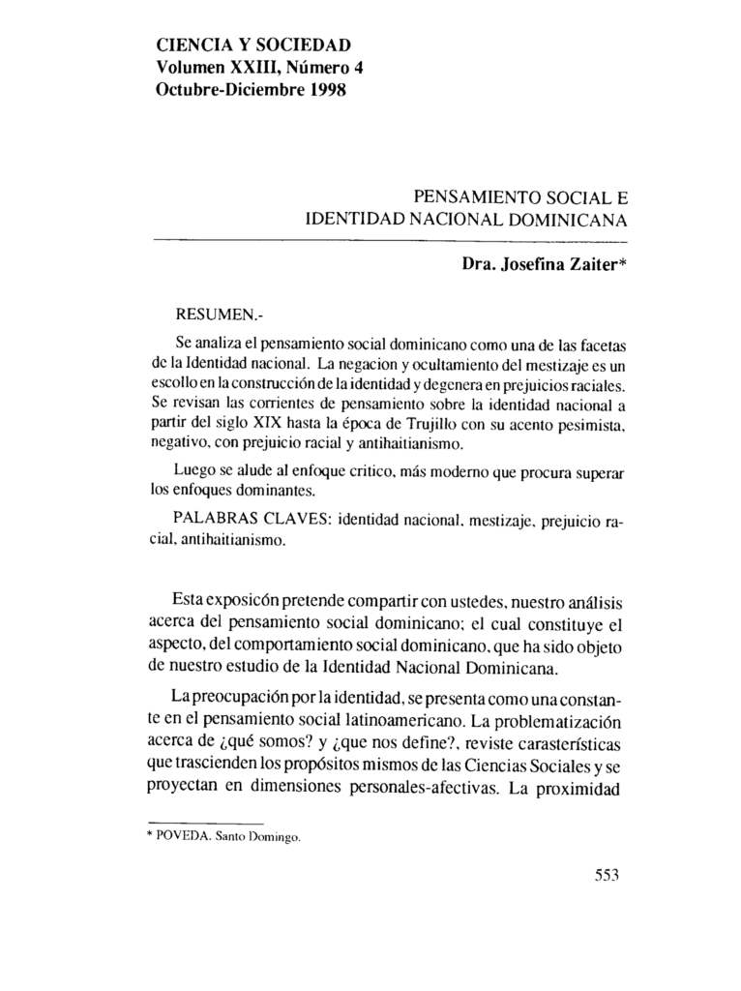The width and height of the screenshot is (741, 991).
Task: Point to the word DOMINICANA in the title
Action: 570,220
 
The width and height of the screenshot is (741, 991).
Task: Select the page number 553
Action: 606,876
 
